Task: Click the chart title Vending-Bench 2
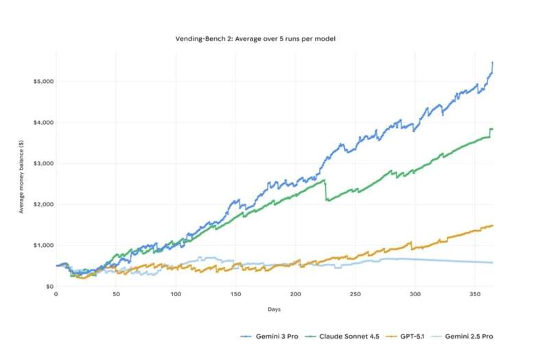pos(255,39)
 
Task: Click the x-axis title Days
pos(274,309)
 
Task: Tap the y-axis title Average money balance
pos(21,179)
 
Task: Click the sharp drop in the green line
pos(327,191)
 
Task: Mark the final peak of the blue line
pos(493,63)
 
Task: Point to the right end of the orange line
pos(493,226)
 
